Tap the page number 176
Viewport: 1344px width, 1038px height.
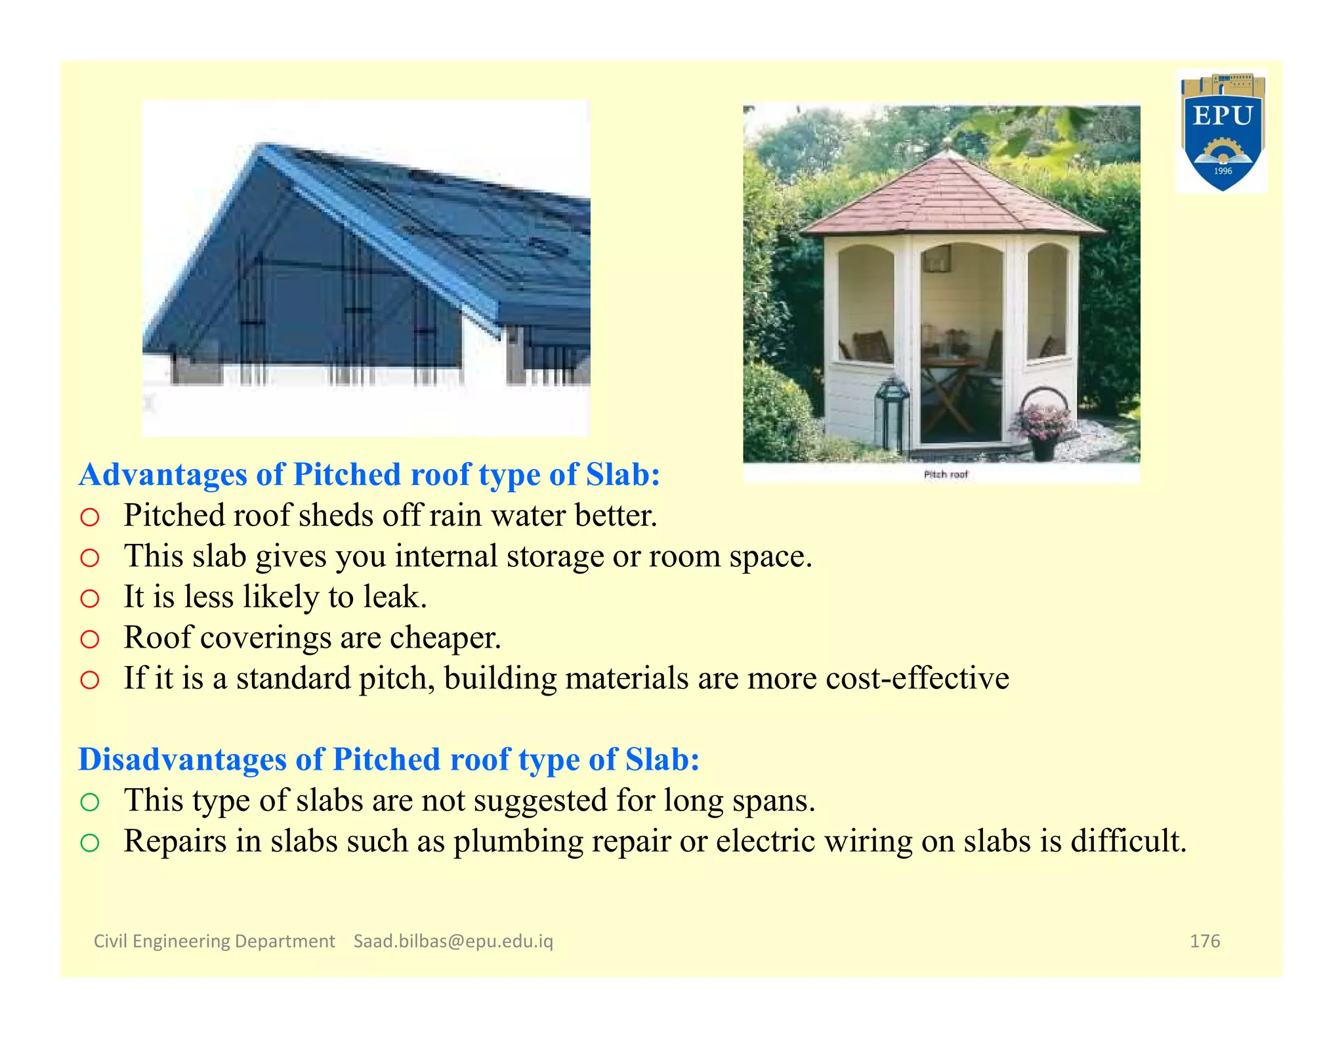tap(1205, 941)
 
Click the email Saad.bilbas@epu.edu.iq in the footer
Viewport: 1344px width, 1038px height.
tap(453, 941)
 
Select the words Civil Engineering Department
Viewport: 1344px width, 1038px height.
tap(214, 941)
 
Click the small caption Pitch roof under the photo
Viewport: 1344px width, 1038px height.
tap(946, 474)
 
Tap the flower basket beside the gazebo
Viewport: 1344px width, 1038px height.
tap(1042, 420)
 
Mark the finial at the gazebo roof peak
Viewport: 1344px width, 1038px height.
tap(946, 145)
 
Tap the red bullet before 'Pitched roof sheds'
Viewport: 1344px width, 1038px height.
tap(90, 518)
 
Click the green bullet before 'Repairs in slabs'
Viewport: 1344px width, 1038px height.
tap(90, 843)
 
